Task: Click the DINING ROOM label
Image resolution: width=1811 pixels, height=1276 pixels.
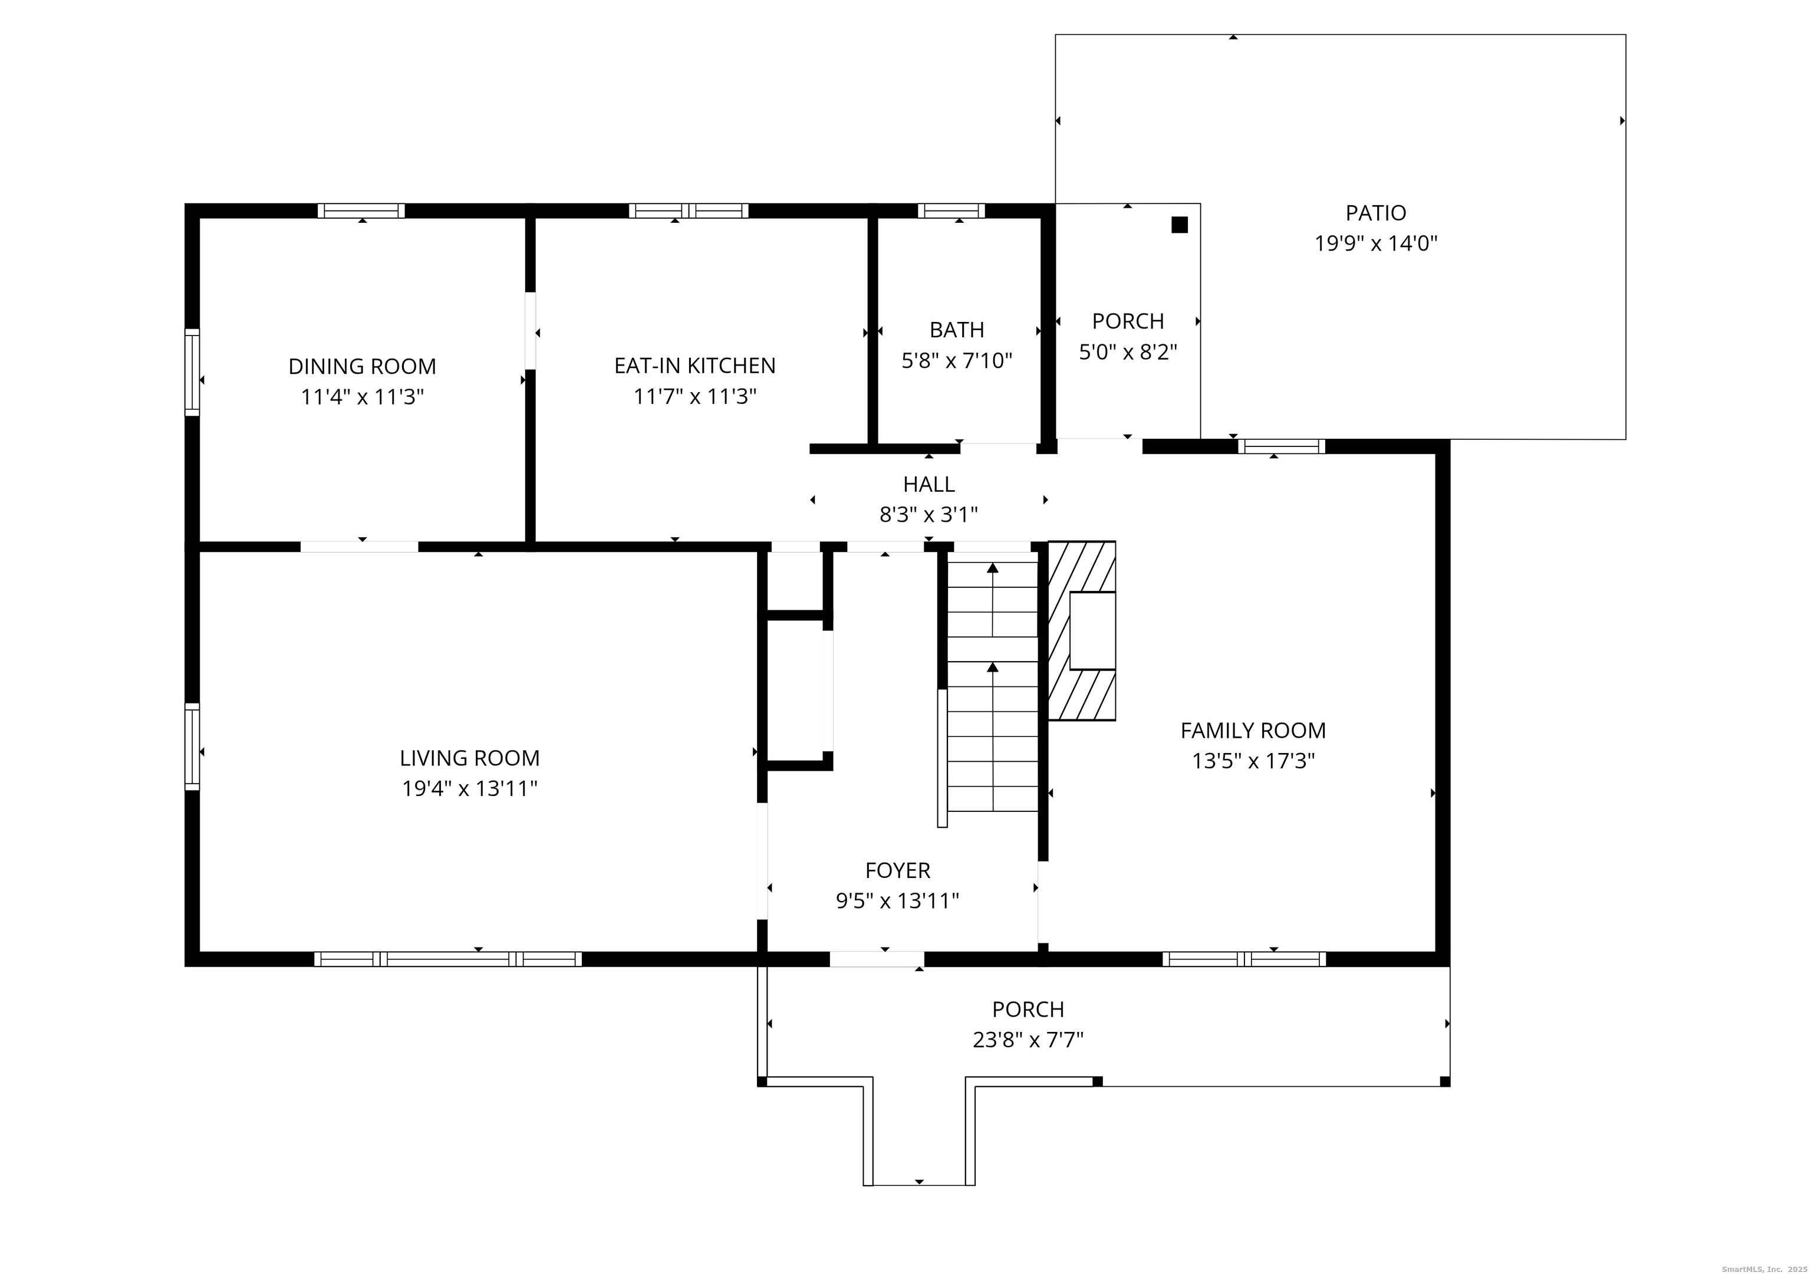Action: (362, 366)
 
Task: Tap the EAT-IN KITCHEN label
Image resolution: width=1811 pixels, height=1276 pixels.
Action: (695, 366)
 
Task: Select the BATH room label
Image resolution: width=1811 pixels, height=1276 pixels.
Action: (957, 329)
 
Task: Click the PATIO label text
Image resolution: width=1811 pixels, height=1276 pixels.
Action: (1375, 212)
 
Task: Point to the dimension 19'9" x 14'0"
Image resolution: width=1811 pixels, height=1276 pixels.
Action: (1375, 243)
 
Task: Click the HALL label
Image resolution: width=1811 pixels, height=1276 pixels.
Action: (928, 484)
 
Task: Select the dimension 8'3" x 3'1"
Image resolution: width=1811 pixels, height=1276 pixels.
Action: (928, 515)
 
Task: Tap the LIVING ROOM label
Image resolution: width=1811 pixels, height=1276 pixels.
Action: (469, 758)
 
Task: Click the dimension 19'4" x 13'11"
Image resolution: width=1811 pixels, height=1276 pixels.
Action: (469, 788)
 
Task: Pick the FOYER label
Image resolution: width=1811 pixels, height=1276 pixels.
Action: (898, 870)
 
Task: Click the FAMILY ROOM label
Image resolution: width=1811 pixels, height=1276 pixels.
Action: (1253, 731)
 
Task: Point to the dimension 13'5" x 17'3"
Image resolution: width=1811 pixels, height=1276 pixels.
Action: (1253, 761)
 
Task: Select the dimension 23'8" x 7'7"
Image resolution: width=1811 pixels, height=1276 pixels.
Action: (1028, 1040)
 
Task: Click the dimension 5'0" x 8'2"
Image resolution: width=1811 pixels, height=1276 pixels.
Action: (1128, 352)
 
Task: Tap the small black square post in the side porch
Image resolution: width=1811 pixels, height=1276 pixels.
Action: (1179, 225)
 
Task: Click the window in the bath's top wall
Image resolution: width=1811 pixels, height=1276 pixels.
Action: (951, 211)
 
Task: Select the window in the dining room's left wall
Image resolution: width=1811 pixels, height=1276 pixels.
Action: (192, 371)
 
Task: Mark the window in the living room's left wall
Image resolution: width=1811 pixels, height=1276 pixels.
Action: (192, 746)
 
